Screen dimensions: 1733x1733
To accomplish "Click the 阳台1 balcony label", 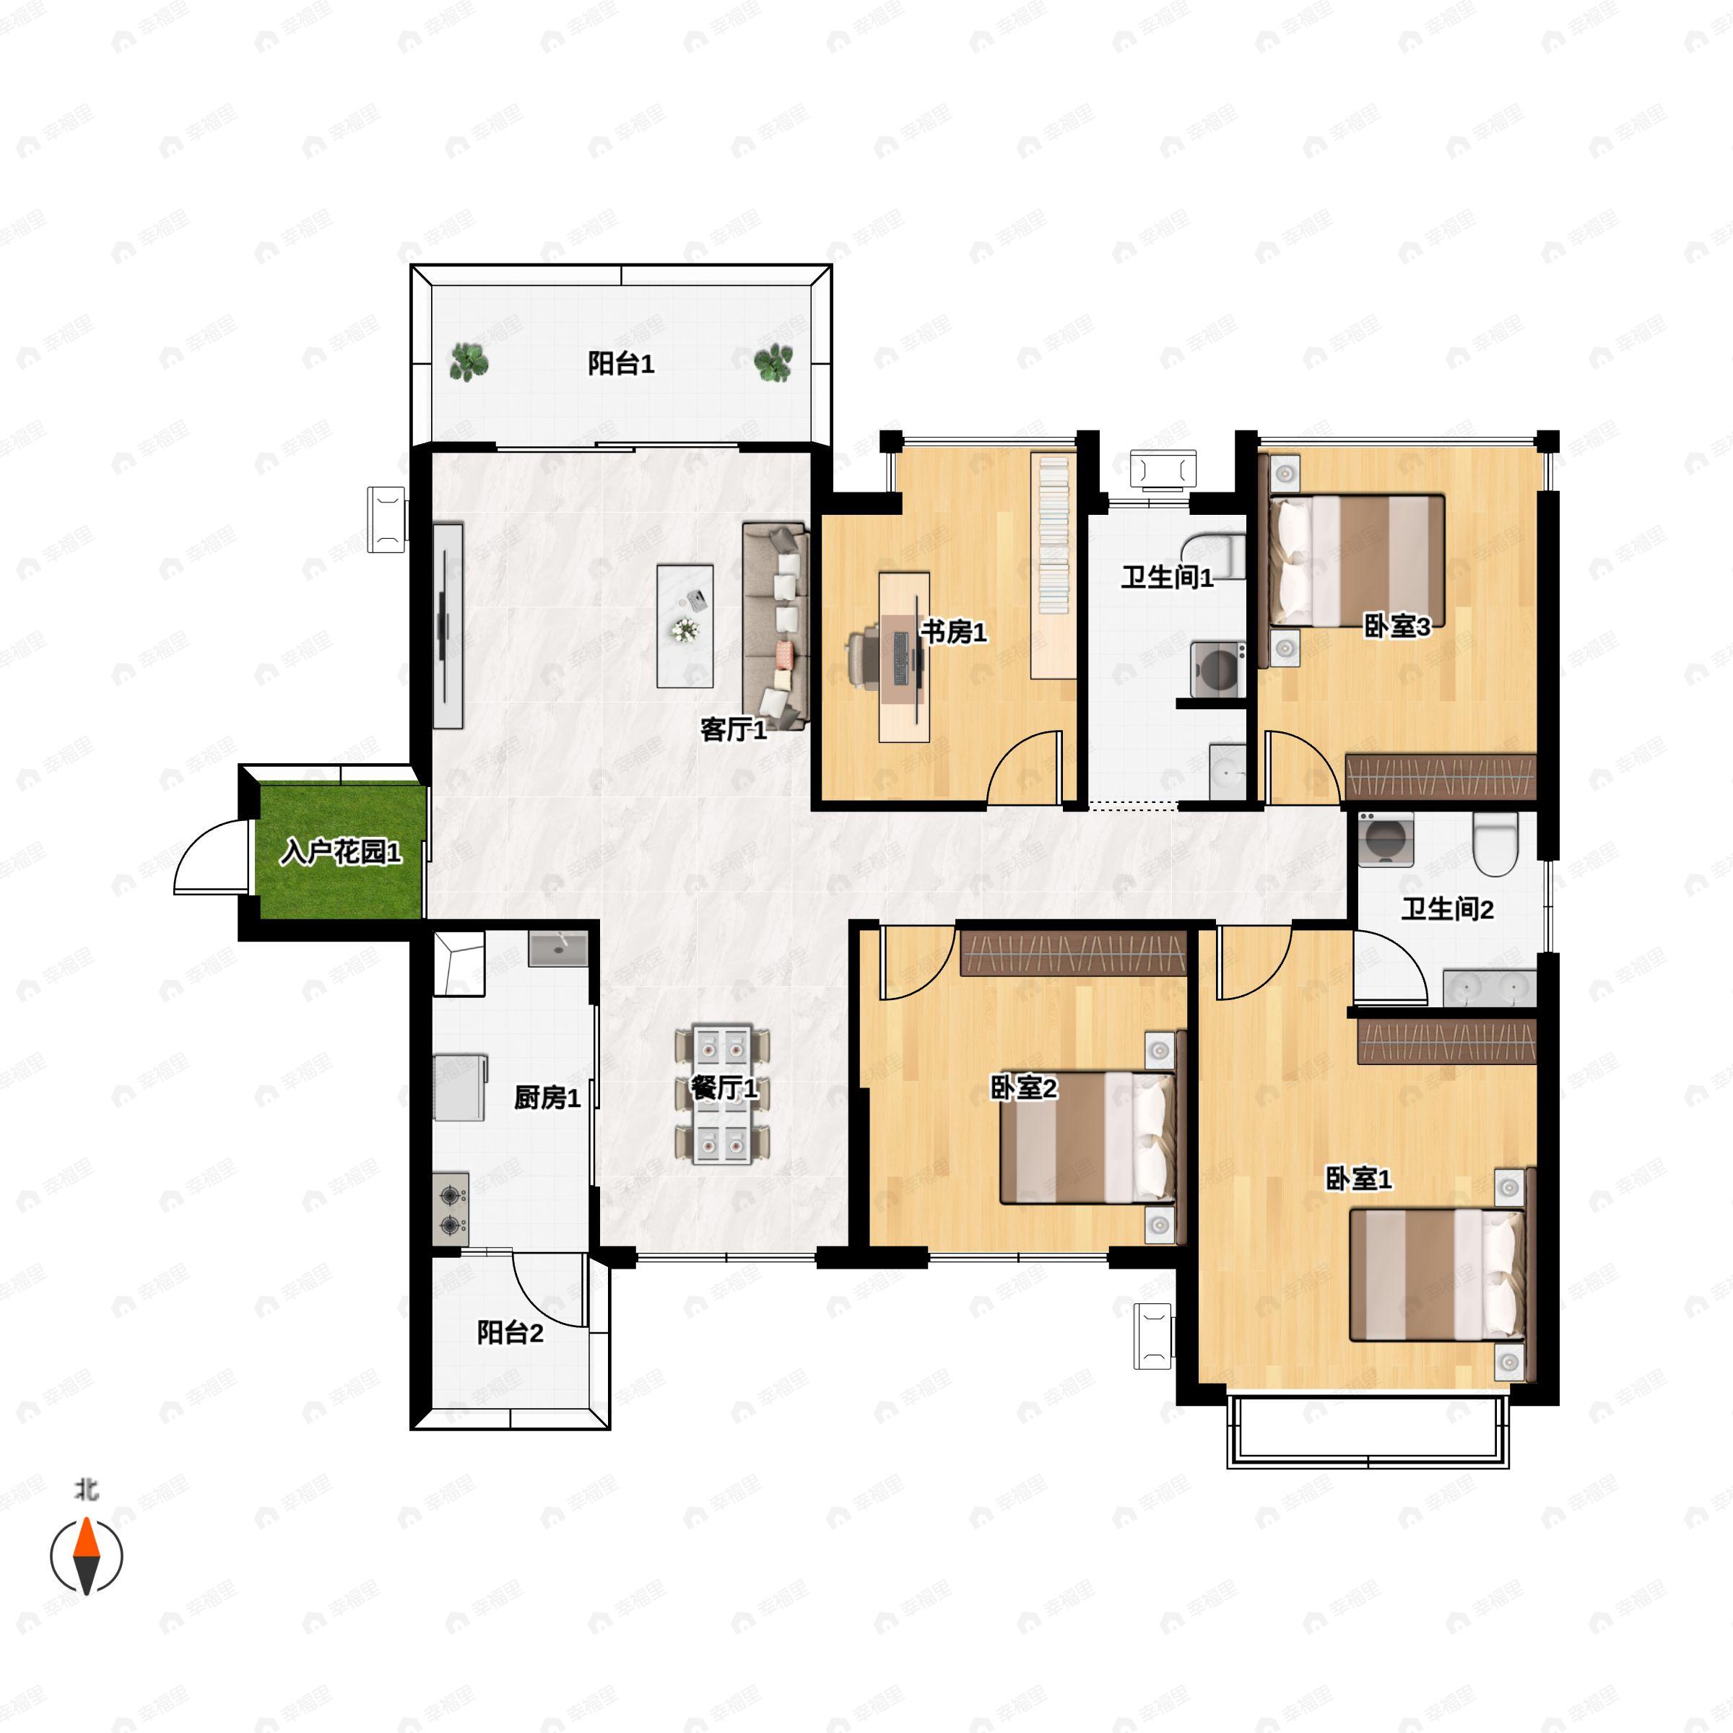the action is click(621, 363).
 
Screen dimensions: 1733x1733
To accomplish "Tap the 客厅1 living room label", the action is click(733, 729).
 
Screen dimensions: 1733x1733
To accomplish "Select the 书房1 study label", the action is click(953, 632).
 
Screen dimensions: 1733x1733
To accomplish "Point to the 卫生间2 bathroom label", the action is click(1447, 910).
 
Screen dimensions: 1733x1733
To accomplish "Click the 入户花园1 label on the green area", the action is click(341, 851).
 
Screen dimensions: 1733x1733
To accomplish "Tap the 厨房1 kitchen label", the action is click(547, 1097).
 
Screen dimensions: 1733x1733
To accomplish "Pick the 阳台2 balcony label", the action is click(510, 1332).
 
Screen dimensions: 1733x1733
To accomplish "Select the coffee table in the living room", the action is click(685, 626).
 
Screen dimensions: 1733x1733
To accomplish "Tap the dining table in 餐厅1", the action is click(722, 1093).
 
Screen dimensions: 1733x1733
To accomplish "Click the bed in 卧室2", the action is click(1088, 1137).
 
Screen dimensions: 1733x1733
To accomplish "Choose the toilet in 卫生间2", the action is click(1495, 844).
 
